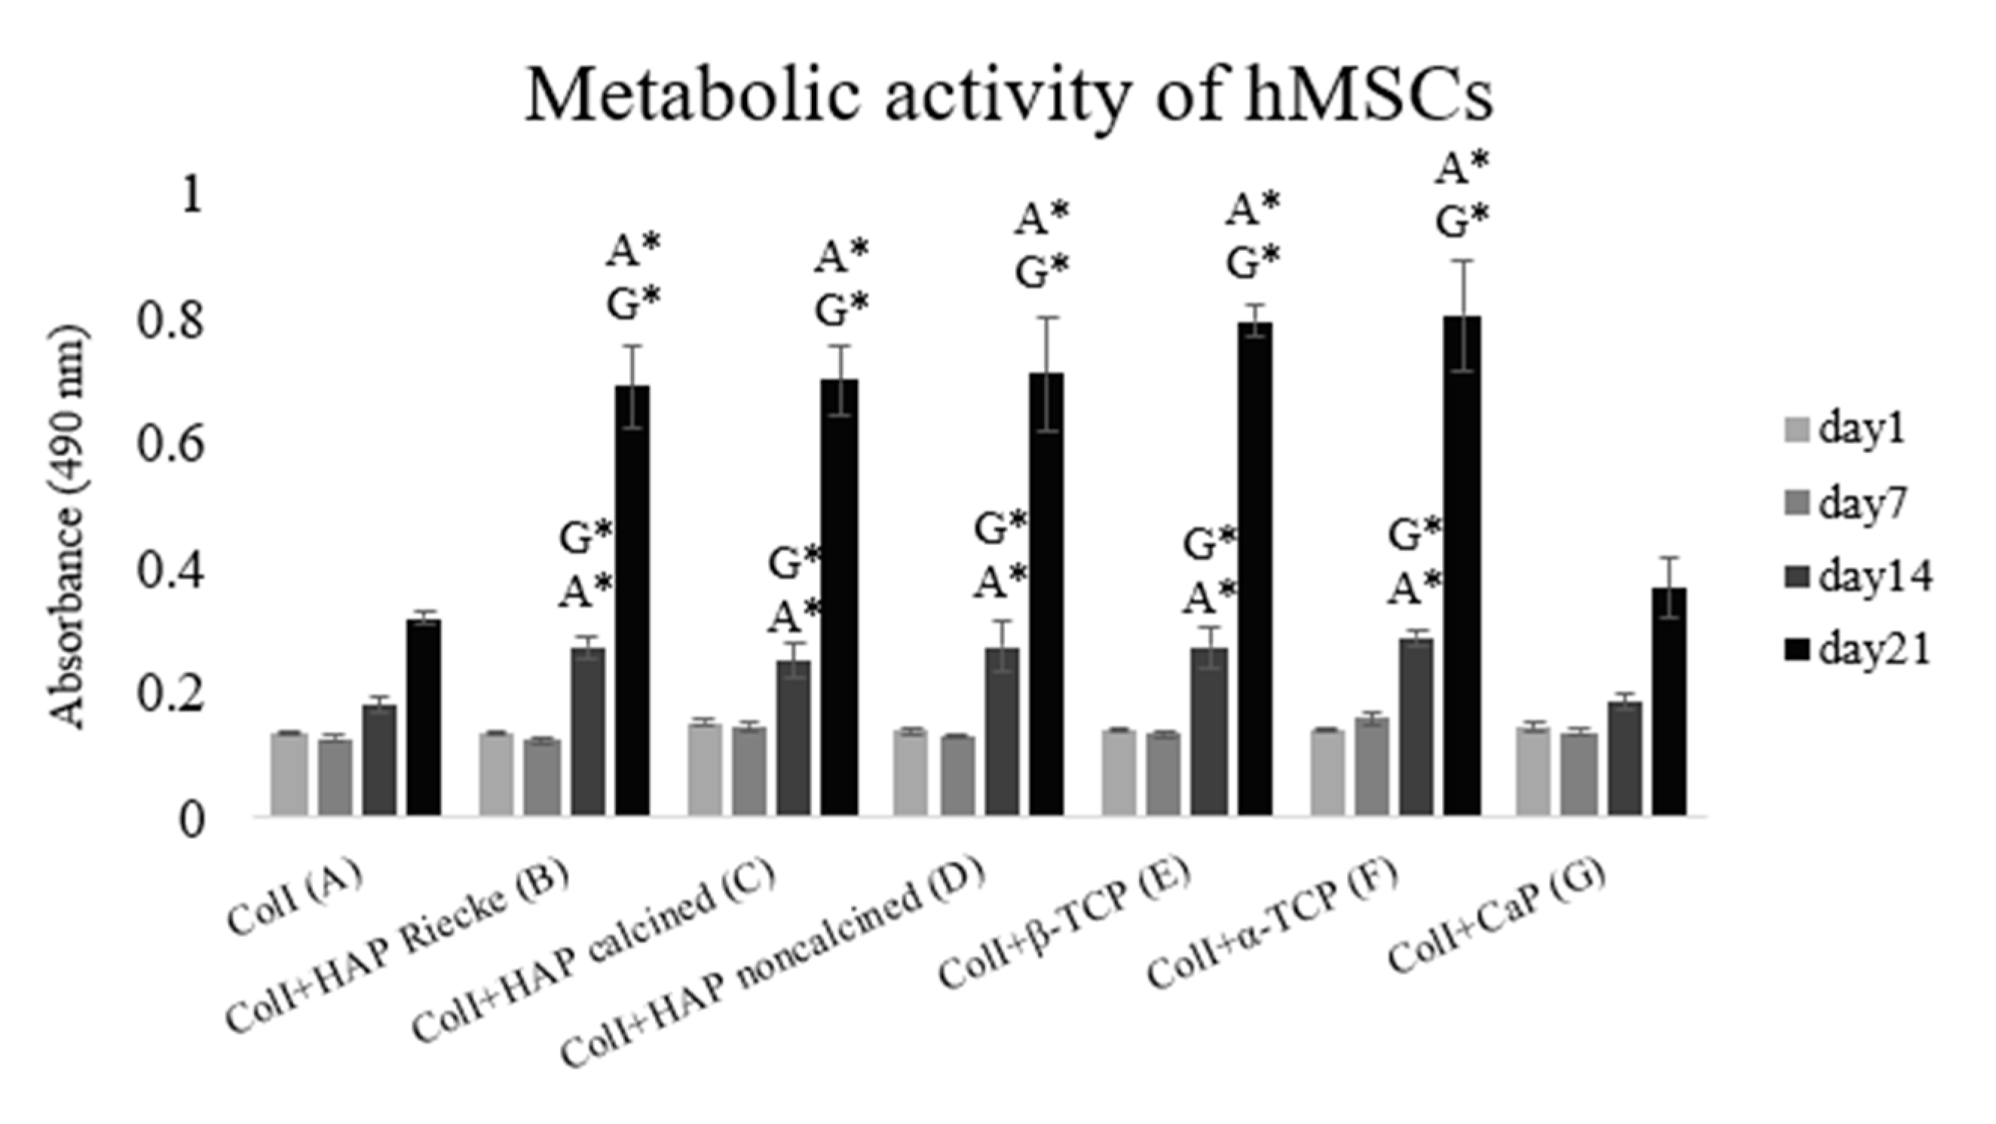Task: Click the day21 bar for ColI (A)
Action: tap(424, 717)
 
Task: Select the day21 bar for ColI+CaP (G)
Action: tap(1669, 702)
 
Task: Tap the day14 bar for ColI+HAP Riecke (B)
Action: tap(588, 731)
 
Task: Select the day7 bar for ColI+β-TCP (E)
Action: tap(1164, 773)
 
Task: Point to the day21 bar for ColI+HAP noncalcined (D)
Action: tap(1046, 593)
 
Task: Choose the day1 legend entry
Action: tap(1860, 430)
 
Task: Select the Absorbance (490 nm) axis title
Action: tap(70, 527)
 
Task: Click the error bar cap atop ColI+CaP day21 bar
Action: tap(1669, 558)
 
